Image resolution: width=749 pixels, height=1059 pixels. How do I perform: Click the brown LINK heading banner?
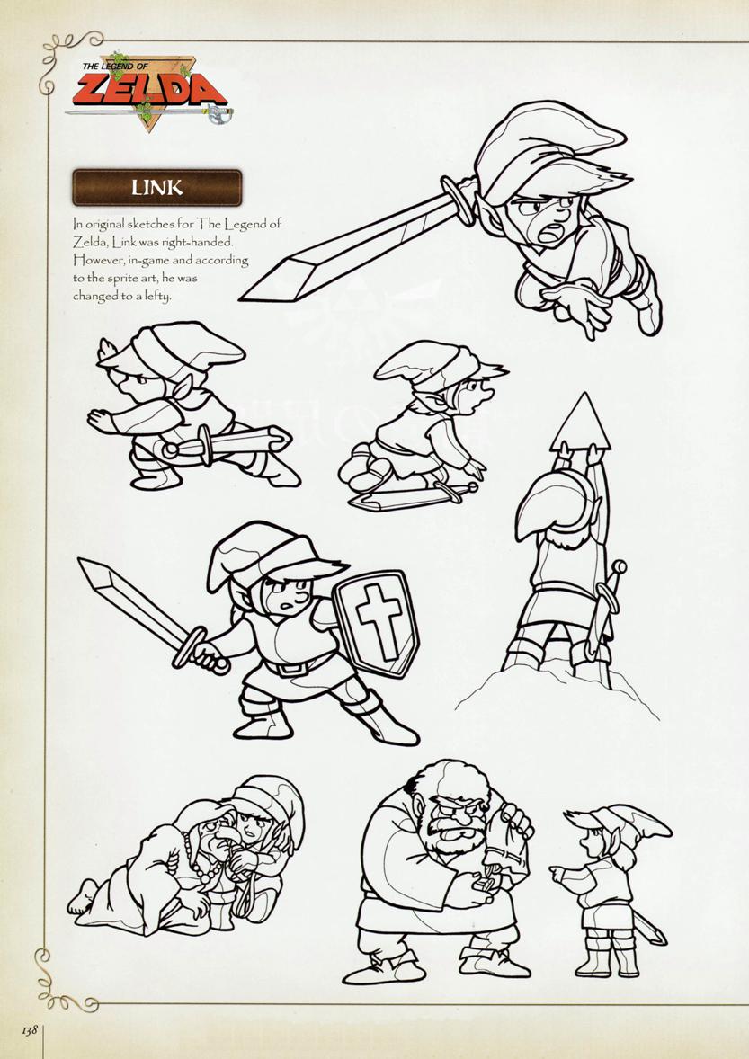point(156,187)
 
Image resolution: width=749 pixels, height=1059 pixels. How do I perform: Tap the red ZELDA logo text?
point(150,91)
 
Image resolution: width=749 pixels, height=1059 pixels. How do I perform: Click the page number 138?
point(29,1030)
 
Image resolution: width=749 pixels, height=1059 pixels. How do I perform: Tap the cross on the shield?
point(379,621)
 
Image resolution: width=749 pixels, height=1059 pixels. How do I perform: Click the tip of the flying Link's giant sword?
point(242,298)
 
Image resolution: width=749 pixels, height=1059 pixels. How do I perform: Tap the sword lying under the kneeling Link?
point(413,496)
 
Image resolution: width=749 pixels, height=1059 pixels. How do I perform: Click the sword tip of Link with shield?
point(80,561)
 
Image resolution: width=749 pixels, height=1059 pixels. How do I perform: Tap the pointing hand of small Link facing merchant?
point(560,873)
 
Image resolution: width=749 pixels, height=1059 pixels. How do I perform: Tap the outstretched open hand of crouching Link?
point(102,421)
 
